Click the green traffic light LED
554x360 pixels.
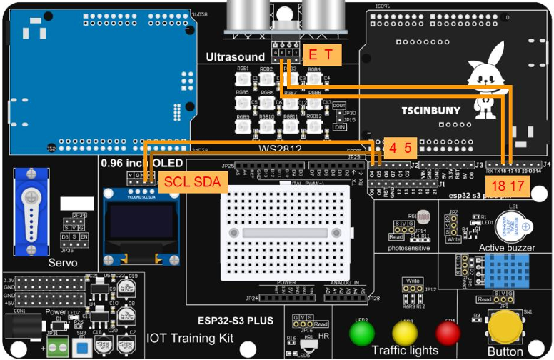tap(361, 334)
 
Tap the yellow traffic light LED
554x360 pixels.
tap(405, 334)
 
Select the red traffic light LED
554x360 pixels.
tap(448, 334)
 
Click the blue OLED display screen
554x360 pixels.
tap(140, 224)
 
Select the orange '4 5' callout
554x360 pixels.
tap(399, 149)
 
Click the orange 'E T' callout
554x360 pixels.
tap(320, 55)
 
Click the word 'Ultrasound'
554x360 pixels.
tap(235, 56)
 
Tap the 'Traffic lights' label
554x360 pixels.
tap(405, 350)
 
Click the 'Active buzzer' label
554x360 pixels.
tap(506, 247)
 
